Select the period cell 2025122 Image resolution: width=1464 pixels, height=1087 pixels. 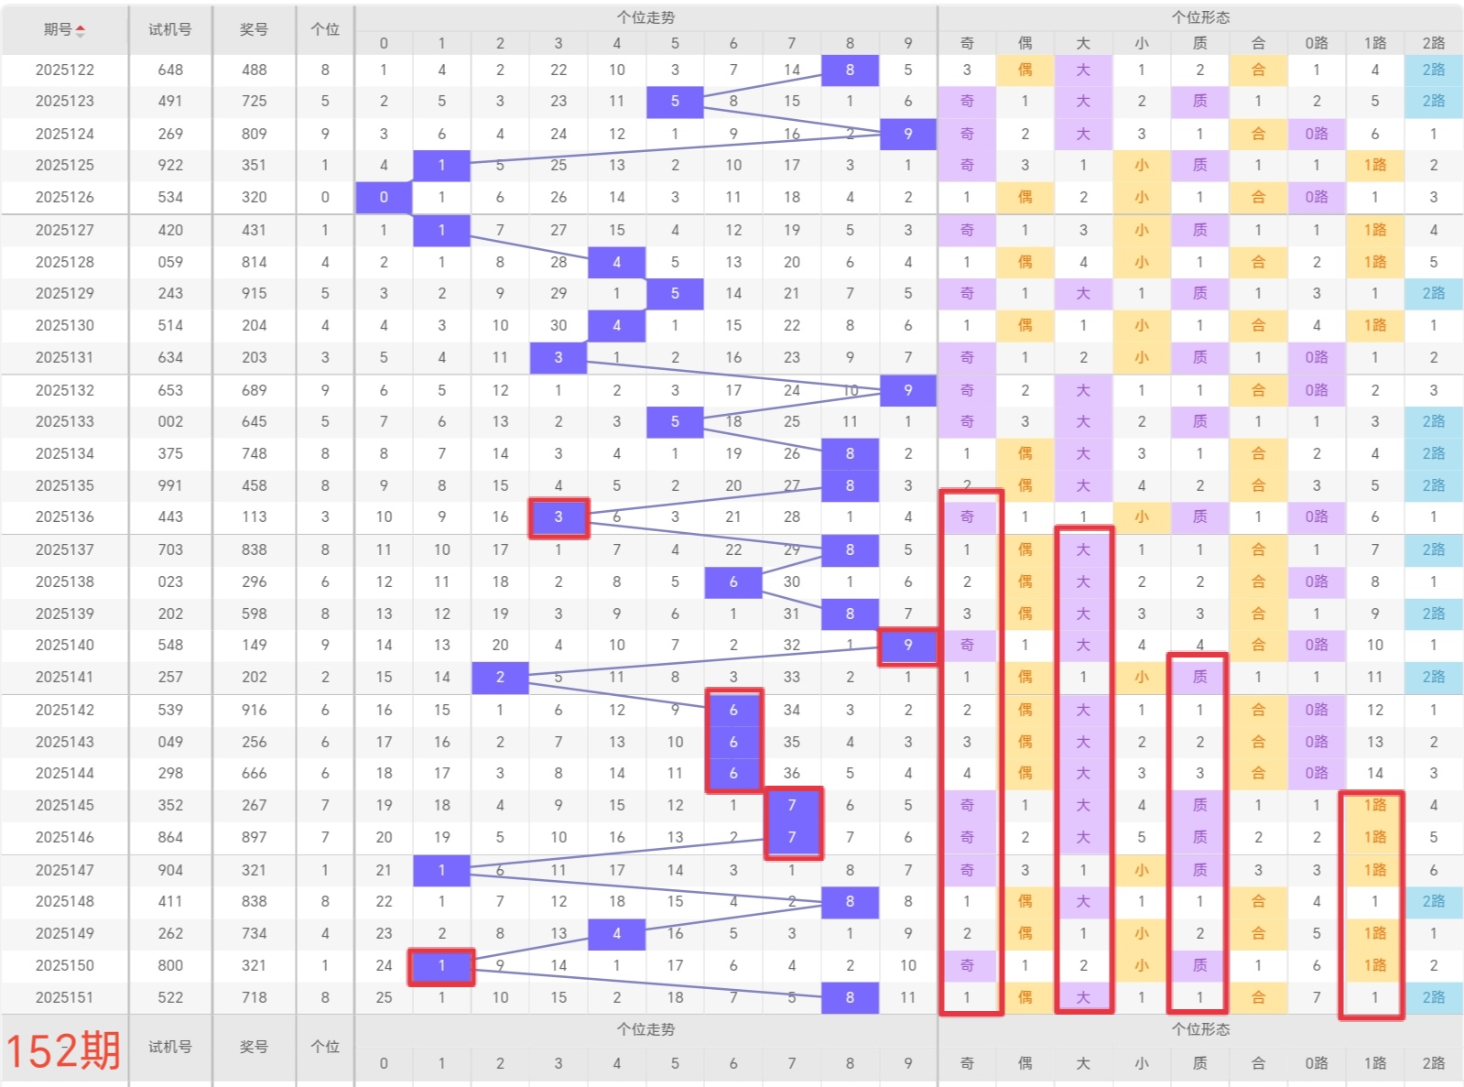click(x=65, y=70)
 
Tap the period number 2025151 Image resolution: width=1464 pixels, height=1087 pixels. click(x=65, y=997)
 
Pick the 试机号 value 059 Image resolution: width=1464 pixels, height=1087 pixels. click(x=170, y=262)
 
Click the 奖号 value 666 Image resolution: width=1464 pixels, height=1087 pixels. click(x=255, y=773)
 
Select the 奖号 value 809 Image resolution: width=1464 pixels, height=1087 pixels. click(x=255, y=134)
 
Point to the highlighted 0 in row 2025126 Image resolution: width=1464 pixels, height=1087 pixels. click(x=384, y=198)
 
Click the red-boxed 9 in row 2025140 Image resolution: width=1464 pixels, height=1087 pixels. click(x=908, y=646)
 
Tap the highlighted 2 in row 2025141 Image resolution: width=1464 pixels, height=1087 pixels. click(x=500, y=677)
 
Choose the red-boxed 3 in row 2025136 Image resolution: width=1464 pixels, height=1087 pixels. click(x=558, y=517)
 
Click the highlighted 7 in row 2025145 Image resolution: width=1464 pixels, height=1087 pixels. click(x=792, y=805)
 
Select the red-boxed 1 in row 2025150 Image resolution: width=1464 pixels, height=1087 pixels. click(x=441, y=965)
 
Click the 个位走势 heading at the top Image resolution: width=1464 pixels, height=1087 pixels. click(x=645, y=17)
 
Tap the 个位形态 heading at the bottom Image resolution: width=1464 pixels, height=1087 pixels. click(x=1200, y=1029)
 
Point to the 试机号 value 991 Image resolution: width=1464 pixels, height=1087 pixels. click(x=170, y=485)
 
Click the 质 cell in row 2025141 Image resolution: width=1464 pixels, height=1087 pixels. click(x=1200, y=677)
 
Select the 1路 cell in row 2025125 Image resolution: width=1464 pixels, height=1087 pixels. click(x=1375, y=165)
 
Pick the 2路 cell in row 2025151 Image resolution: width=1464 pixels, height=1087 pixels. click(x=1434, y=997)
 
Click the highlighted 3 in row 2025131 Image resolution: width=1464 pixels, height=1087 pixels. click(x=558, y=357)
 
